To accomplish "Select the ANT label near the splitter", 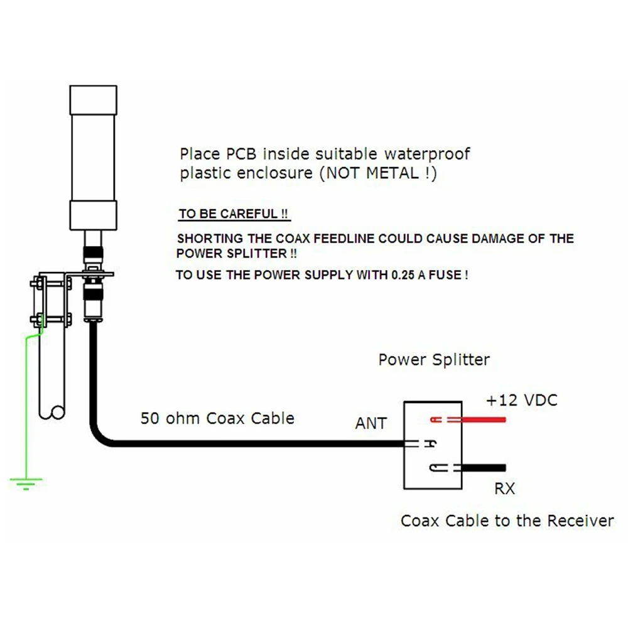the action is coord(371,423).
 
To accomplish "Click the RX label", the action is coord(505,489).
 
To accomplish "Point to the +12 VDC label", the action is coord(521,400).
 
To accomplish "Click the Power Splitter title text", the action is coord(434,360).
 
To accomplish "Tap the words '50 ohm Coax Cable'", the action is coord(217,418).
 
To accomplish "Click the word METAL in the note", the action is coord(392,173).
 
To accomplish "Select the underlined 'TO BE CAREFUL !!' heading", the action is coord(234,214).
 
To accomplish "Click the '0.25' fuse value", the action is coord(403,275).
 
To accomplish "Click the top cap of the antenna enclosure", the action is coord(94,100).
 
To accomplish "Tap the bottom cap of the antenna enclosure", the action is coord(94,215).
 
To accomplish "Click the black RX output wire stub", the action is coord(484,468).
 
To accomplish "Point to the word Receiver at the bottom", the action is coord(580,521).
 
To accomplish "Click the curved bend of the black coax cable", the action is coord(99,435).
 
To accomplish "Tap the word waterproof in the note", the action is coord(427,154).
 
